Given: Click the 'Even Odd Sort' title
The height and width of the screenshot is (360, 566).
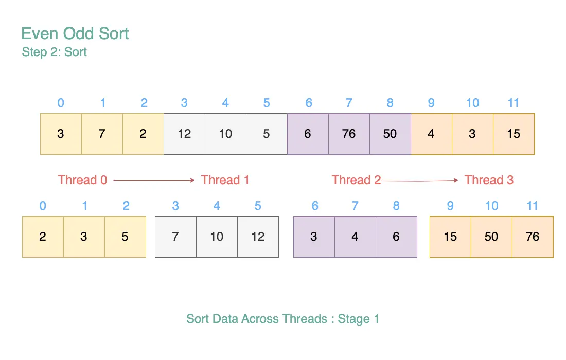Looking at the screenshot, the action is coord(75,33).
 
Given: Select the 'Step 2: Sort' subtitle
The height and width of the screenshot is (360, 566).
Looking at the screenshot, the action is coord(54,52).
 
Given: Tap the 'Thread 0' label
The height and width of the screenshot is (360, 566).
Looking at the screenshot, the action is coord(83,180).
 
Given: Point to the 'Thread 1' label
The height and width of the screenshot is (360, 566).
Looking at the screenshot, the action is coord(225,180).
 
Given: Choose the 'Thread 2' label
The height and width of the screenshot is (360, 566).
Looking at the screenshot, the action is coord(356,180).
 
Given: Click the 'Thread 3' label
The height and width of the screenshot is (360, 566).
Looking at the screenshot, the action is coord(489,180).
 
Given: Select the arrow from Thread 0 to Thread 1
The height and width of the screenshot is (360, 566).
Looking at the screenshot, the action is coord(154,180).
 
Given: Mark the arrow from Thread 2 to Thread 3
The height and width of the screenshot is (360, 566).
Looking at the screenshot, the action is coord(420,180).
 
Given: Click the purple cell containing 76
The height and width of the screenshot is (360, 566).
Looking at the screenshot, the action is coord(349,134).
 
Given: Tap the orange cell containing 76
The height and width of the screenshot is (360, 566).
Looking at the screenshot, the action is coord(533,237).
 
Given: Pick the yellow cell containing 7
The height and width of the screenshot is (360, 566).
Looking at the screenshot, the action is coord(102,134).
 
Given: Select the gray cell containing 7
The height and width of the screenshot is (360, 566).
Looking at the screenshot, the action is coord(176,237).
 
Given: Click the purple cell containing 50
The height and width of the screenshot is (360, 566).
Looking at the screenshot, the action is coord(390,134).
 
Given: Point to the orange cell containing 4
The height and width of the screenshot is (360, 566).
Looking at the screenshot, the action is coord(431,134).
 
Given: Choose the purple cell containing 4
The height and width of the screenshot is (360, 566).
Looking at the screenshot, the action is coord(355,237).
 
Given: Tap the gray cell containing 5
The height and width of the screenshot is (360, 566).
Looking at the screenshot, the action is coord(267,134).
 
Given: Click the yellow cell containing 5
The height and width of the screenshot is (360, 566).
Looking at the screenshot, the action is coord(125,237).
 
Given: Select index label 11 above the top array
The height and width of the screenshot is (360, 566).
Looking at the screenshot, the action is coord(514,103).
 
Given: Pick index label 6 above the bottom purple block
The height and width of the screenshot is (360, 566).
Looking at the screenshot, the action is coord(315,206).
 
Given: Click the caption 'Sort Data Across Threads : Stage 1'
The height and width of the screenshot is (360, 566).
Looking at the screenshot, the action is coord(282,319).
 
